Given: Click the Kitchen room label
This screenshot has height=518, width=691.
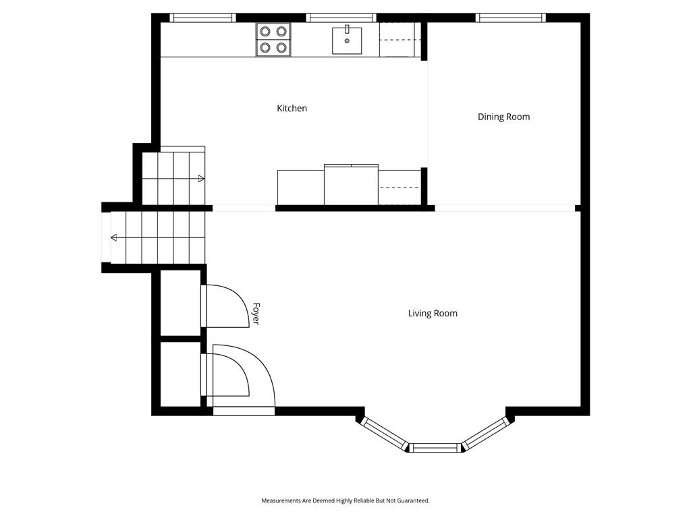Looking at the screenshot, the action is coord(292,109).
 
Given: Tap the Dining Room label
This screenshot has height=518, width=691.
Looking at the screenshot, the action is coord(503,117).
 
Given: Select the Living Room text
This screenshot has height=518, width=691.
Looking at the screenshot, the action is coord(433,314).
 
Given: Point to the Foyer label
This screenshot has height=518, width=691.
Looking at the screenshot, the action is coord(256,314).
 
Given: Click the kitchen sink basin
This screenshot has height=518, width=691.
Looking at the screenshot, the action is coord(347,40).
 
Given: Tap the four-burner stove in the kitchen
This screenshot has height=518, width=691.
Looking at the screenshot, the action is coord(273,39).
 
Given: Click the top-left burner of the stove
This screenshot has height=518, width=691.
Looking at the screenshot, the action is coord(265,31).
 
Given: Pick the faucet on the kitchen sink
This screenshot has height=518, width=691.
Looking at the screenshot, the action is coord(347,29).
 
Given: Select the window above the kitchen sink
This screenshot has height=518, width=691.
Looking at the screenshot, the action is coord(341,18).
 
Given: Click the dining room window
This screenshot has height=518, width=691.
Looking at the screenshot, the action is coord(510,18).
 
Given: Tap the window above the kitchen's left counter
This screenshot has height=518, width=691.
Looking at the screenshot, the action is coord(202,18).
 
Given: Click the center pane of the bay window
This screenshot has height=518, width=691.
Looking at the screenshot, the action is coord(435,448).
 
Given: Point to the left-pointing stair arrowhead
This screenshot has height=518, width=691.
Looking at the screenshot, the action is coord(113,238).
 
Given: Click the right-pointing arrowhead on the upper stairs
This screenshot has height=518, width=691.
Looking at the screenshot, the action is coord(201,178).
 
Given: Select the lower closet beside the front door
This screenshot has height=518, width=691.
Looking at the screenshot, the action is coord(180,374).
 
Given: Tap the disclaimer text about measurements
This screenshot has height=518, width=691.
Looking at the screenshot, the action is coord(345,500).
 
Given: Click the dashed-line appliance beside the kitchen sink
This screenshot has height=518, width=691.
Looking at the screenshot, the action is coord(399,40).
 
